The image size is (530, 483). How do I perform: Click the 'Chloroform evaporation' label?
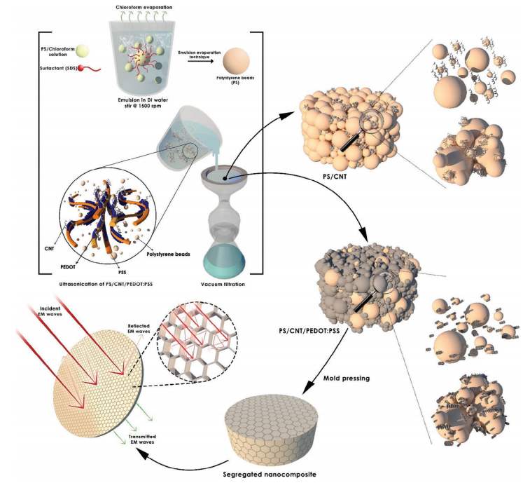coord(144,7)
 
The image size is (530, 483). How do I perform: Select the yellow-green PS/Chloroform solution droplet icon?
coord(82,50)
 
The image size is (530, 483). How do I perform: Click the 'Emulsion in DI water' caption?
coord(143,100)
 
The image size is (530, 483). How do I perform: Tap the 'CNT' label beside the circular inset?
coord(49,248)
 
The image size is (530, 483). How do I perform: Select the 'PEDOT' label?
coord(68,266)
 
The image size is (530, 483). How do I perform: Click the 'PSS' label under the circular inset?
coord(122,272)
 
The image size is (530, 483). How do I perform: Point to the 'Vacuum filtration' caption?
coord(223,285)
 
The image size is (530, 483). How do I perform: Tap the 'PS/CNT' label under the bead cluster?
coord(335,177)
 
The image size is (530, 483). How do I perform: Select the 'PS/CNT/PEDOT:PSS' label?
coord(309,331)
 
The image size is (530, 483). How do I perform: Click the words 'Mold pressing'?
coord(347,378)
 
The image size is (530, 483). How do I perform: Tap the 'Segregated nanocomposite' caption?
coord(270,474)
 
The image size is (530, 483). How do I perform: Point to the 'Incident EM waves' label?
coord(50,311)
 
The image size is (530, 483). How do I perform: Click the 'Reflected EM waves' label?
coord(139,328)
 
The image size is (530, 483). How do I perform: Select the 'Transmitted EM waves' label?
coord(142,439)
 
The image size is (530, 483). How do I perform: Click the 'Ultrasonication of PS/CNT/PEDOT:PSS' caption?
coord(106,285)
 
